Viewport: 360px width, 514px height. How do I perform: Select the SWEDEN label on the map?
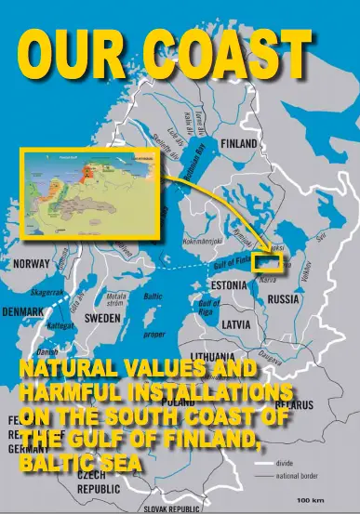click(102, 317)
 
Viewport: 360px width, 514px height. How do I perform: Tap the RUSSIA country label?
click(284, 300)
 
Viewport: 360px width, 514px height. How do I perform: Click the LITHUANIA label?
click(217, 357)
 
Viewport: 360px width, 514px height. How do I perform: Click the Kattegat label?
click(60, 327)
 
